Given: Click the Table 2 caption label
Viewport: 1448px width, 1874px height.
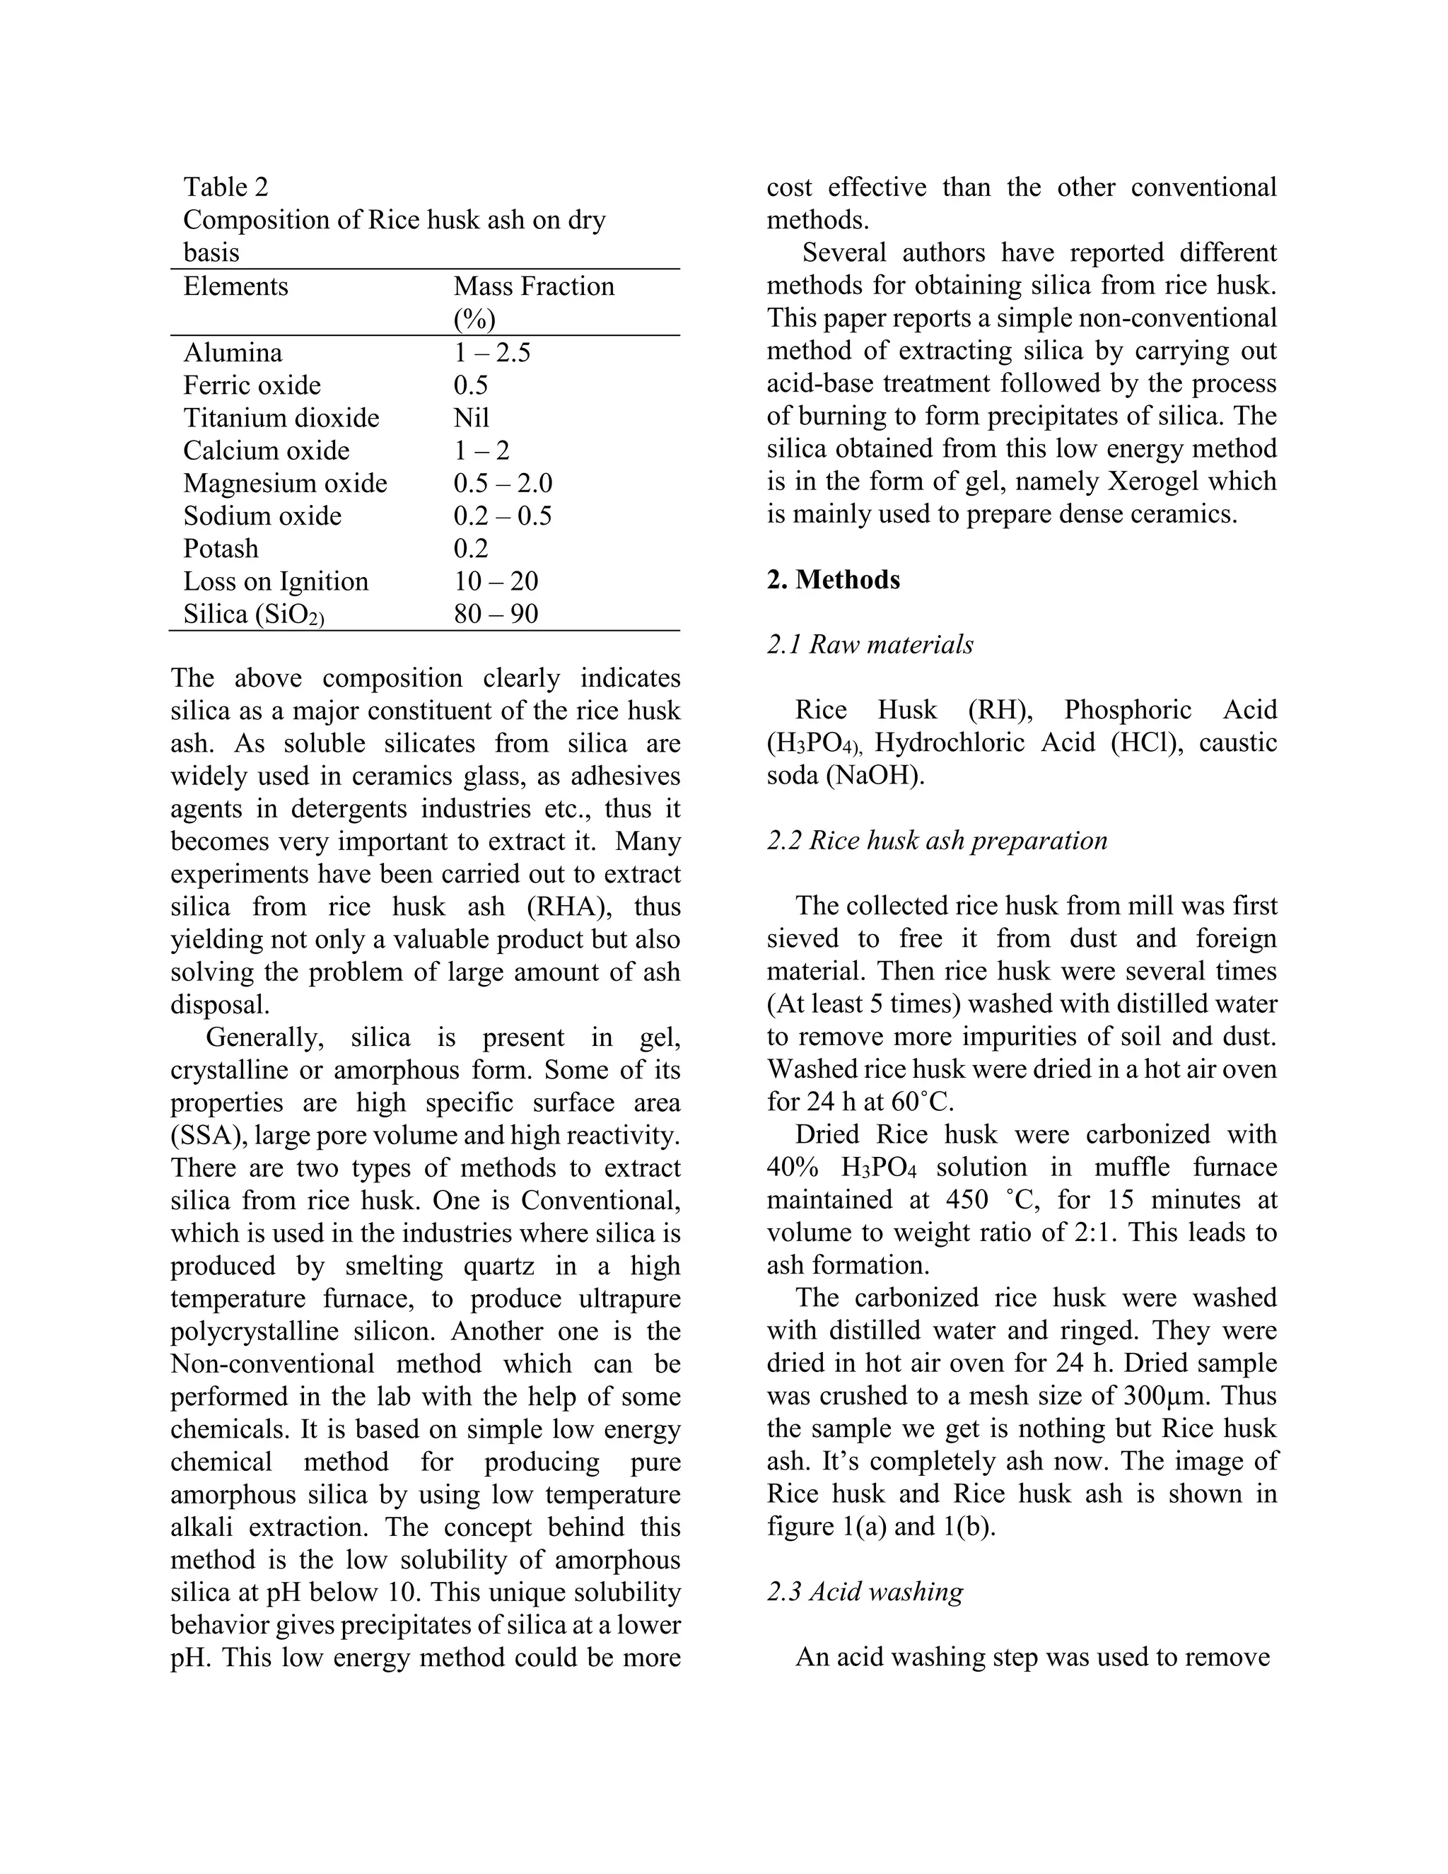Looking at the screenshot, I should point(226,187).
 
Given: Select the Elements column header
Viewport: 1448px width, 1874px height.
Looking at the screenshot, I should point(236,286).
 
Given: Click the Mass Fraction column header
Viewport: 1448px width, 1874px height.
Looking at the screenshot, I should point(534,286).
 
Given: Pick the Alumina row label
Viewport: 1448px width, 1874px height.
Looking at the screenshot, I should point(233,353).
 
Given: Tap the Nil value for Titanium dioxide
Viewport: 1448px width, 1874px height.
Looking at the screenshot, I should point(471,418).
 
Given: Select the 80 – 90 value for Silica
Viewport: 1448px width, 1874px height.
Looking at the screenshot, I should point(496,614).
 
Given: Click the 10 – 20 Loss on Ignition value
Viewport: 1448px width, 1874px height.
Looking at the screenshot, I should point(496,581).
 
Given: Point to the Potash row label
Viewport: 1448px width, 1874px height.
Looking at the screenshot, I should point(221,548).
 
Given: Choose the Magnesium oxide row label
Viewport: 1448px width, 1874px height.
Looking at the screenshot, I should point(285,483).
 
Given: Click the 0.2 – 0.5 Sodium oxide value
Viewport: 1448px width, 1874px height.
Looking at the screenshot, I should point(503,516).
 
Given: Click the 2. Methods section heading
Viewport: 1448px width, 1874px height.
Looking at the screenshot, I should point(833,579).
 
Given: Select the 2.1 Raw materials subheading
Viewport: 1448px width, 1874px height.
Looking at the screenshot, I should point(870,644).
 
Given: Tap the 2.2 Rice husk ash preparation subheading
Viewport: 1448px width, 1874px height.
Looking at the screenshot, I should point(937,840).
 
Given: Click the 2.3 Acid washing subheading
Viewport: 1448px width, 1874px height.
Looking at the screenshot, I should point(865,1592).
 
